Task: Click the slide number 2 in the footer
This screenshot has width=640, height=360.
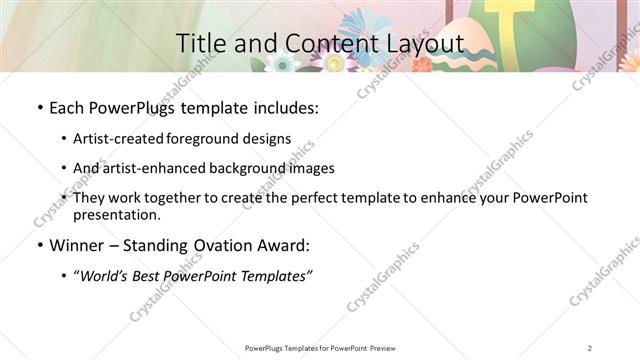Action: click(x=590, y=347)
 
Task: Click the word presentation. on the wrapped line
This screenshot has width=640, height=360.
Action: click(x=116, y=214)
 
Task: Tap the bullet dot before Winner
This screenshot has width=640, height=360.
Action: click(x=38, y=245)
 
